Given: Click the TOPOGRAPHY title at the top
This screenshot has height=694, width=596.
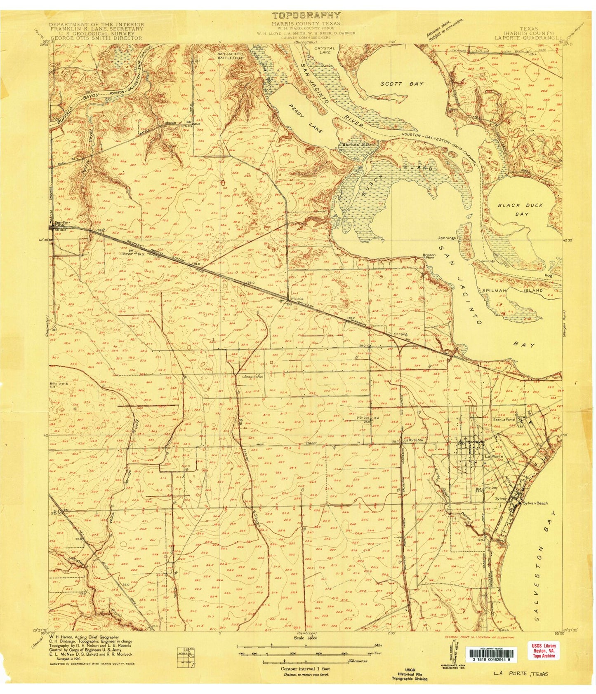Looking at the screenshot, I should pos(306,16).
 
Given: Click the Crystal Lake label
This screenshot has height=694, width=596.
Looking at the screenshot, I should pos(325,50).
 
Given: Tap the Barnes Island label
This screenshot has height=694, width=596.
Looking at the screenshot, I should pos(357,145).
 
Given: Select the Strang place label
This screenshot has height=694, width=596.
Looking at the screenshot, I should pos(400,334).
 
